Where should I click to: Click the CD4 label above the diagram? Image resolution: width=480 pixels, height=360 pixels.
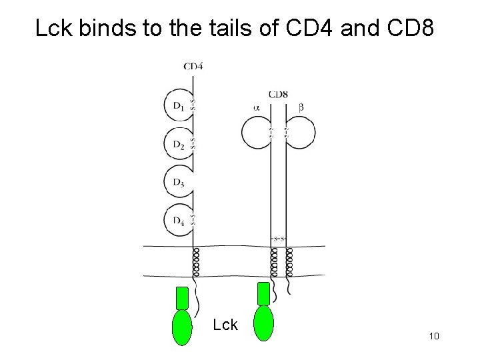pos(193,66)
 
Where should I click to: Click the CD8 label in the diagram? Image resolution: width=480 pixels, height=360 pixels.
pos(278,95)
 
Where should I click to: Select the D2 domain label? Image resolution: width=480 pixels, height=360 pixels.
pos(178,144)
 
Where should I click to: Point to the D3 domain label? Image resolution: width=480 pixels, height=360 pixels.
pos(178,182)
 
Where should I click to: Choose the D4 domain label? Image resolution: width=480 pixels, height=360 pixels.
pos(178,220)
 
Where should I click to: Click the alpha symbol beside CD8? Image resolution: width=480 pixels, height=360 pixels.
pos(257,106)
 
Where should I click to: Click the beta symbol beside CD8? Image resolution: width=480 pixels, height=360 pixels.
pos(301,106)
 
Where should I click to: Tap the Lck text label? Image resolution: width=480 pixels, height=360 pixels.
pos(225,325)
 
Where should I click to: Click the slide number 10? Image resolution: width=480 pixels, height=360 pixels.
pos(434,337)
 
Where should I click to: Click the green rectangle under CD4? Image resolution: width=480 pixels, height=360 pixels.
pos(182,298)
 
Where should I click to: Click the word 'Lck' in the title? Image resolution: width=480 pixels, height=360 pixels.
pos(54,29)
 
